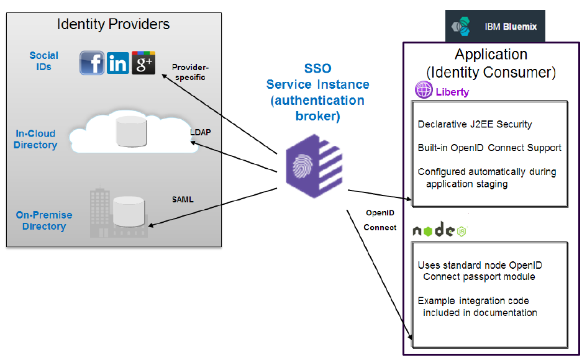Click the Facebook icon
(x=92, y=63)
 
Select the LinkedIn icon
(x=118, y=63)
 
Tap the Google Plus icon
(x=143, y=63)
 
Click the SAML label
(x=183, y=199)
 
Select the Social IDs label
(x=43, y=61)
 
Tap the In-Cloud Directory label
(x=36, y=139)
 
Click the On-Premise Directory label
(x=44, y=220)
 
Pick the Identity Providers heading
(x=113, y=25)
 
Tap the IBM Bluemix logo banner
(x=495, y=27)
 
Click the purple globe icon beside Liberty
(x=424, y=91)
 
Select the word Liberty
(x=452, y=92)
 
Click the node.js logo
(x=439, y=230)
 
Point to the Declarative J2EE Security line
(x=475, y=124)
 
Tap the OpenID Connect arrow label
(x=380, y=220)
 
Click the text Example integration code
(x=473, y=301)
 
